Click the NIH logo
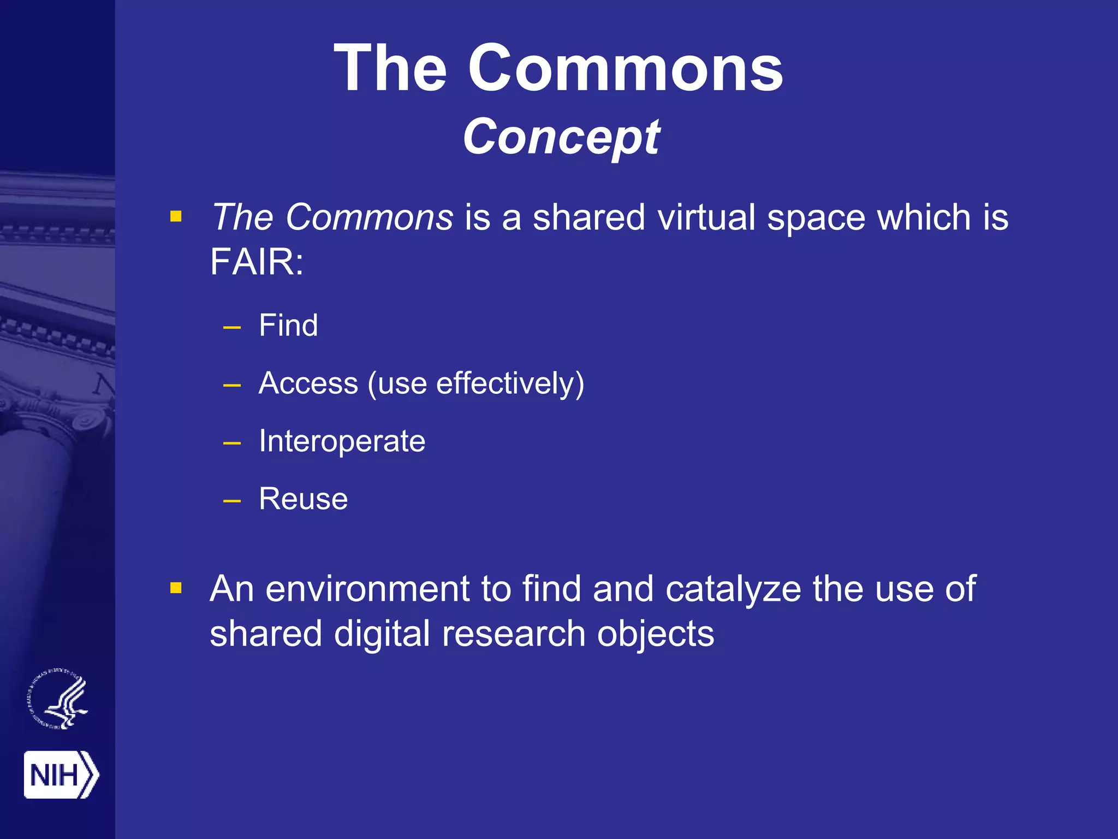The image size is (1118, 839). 61,775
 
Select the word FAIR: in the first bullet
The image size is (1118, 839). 257,262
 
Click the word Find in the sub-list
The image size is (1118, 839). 288,326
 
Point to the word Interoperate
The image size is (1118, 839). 342,441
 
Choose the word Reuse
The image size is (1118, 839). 303,499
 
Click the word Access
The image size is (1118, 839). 308,383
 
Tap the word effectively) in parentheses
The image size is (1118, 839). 510,383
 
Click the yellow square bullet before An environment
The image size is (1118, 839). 176,588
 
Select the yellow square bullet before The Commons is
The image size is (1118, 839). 176,216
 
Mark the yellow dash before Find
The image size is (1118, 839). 232,328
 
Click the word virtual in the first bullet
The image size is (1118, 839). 706,217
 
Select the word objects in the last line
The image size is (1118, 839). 655,634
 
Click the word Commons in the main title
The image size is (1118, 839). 625,68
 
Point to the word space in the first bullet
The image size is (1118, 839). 816,217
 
